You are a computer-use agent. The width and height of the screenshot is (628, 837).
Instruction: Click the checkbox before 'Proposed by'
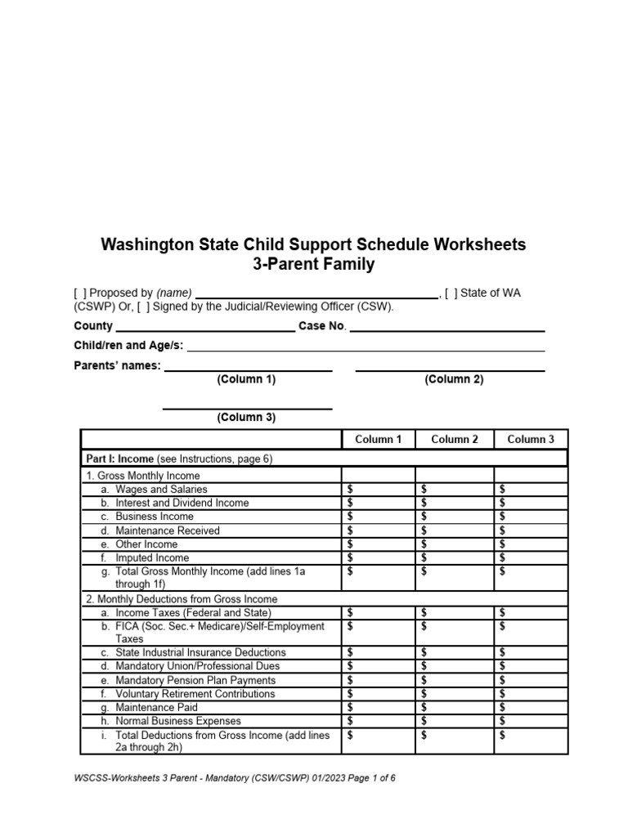point(79,293)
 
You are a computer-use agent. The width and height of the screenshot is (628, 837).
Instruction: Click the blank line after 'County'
point(205,328)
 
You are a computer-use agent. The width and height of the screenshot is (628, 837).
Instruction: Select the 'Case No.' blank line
point(447,328)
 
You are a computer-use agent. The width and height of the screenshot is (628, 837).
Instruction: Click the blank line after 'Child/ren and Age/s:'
point(366,347)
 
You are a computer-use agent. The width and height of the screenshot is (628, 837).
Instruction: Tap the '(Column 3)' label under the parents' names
point(246,418)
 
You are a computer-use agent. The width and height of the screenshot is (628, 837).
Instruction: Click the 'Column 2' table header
point(455,440)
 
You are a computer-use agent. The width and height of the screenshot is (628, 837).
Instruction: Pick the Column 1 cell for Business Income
point(378,517)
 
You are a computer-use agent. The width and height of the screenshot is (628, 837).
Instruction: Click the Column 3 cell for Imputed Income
point(531,558)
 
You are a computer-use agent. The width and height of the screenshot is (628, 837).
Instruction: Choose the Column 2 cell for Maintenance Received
point(455,530)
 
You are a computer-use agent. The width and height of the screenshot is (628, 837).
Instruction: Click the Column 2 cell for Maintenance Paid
point(455,708)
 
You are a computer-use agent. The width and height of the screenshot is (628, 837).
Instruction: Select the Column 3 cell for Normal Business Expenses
point(531,721)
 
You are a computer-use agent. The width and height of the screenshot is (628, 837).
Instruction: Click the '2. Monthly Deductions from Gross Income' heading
point(182,599)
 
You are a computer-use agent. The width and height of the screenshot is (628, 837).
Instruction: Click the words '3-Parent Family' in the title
point(314,265)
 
